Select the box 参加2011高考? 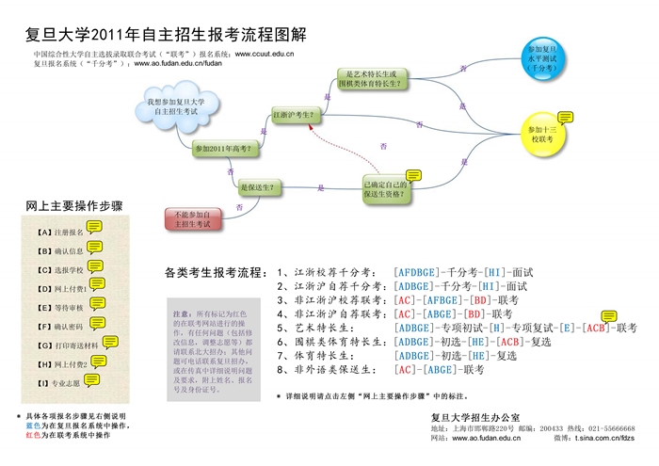(222, 149)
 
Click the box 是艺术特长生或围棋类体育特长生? (373, 79)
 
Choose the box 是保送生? (257, 188)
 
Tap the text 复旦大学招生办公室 (480, 416)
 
